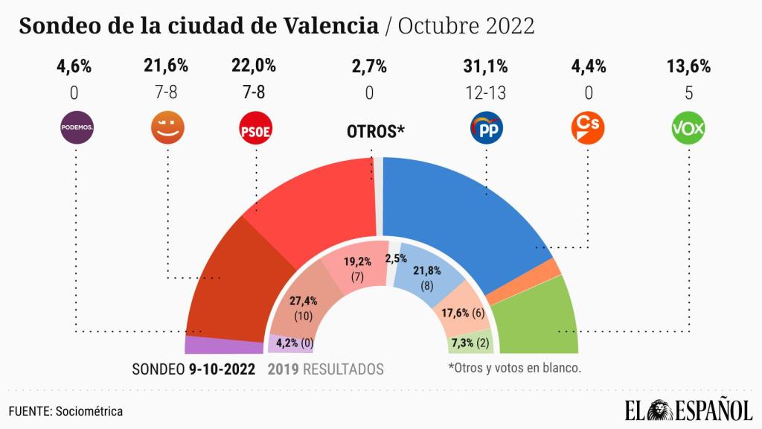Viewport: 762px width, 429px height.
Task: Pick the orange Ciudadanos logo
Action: (x=587, y=128)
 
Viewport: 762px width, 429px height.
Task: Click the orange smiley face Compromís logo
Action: (x=167, y=127)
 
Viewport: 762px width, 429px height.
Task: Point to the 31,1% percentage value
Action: (x=486, y=66)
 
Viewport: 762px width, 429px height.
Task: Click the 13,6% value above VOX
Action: (x=688, y=66)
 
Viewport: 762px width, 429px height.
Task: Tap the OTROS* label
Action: (x=376, y=132)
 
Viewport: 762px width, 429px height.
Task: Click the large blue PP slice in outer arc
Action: (x=461, y=216)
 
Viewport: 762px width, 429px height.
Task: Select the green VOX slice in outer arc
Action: (x=540, y=320)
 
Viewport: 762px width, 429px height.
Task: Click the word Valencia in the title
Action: (x=332, y=26)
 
